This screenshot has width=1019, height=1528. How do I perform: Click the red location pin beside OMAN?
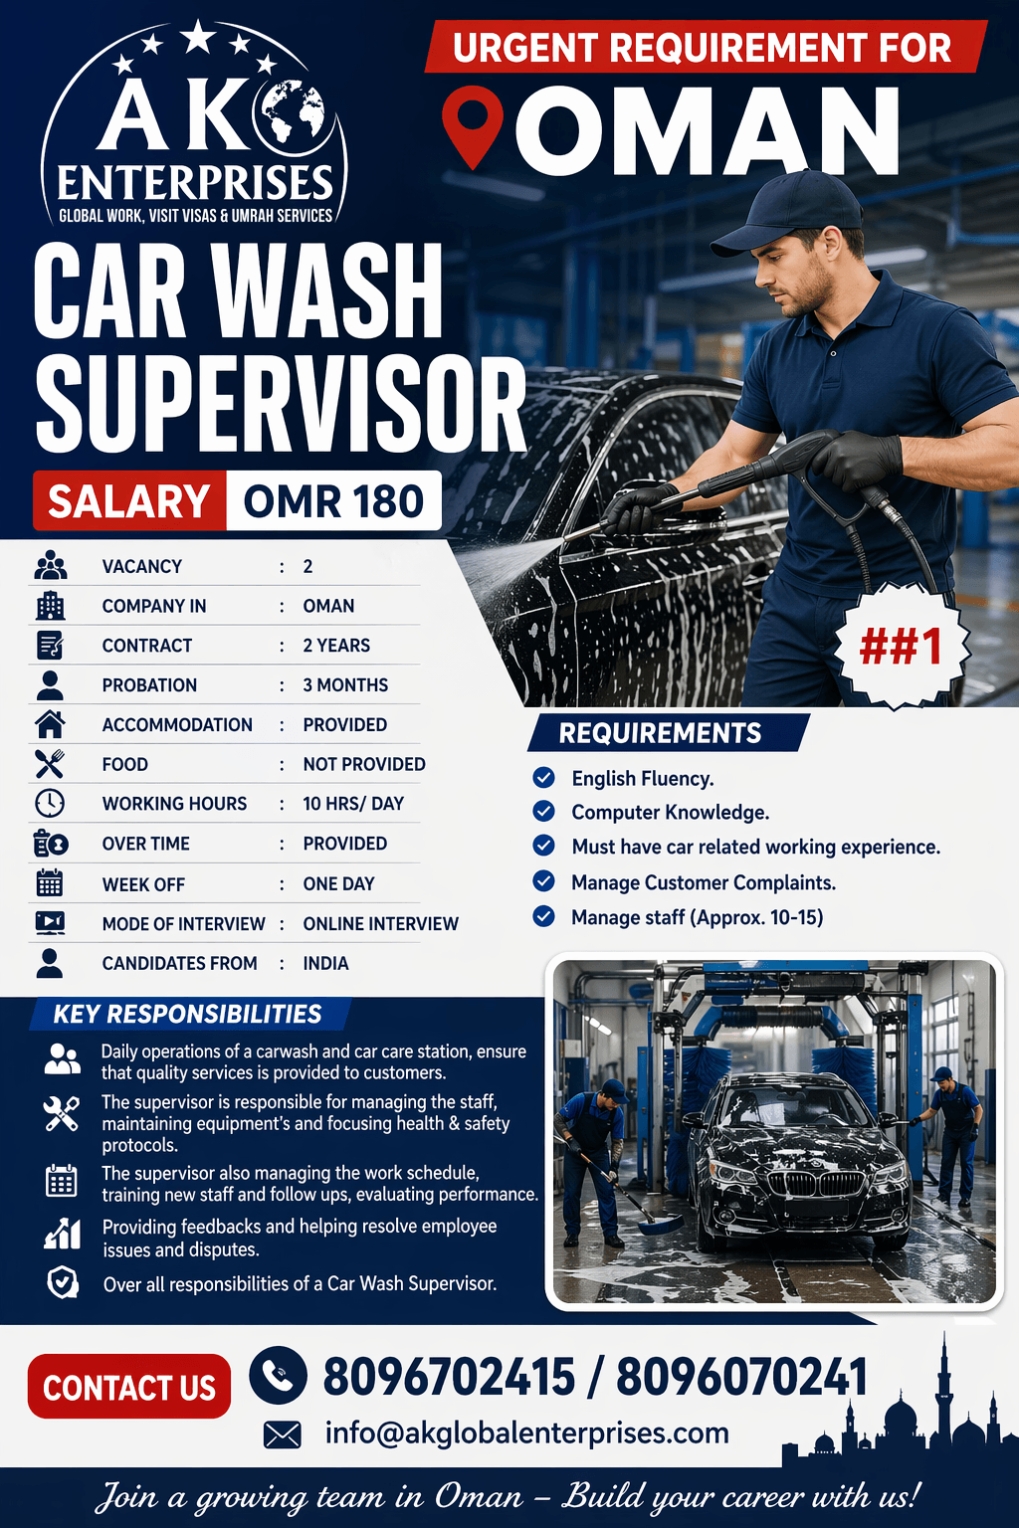point(472,121)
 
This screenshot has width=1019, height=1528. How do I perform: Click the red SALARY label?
point(129,501)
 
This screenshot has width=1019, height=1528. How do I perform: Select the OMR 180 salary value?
point(333,501)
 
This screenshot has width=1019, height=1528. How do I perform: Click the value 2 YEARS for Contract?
point(336,646)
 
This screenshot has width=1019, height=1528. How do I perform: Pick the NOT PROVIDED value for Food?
point(364,764)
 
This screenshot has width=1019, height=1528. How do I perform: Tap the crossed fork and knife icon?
point(50,764)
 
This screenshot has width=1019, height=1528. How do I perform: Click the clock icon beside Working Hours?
point(50,804)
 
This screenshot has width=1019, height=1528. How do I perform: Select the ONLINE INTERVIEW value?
point(380,924)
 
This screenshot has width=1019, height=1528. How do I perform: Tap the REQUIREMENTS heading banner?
point(661,733)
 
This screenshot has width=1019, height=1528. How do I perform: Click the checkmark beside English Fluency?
point(544,778)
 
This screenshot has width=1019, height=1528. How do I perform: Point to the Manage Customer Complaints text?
point(704,882)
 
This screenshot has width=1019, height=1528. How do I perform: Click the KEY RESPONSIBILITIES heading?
point(187,1014)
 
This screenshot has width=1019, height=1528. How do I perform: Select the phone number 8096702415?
point(449,1378)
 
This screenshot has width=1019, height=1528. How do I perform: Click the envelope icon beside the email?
point(283,1434)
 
